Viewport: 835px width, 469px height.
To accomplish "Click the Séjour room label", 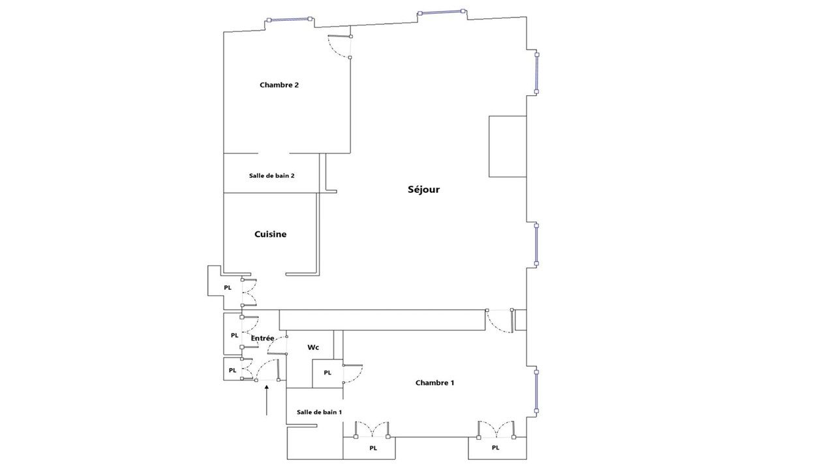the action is (x=423, y=190).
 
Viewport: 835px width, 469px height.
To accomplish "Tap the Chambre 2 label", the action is (x=279, y=85).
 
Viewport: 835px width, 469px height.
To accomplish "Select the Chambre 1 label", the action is (x=434, y=382).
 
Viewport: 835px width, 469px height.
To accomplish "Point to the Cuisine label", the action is (x=270, y=234).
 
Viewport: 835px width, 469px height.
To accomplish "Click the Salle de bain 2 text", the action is (x=272, y=175).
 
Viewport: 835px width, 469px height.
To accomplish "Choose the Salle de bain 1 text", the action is (x=319, y=412).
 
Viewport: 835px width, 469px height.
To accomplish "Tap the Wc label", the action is (x=313, y=347).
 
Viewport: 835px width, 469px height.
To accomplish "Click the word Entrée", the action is (x=262, y=338).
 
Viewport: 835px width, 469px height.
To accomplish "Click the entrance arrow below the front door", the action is (x=267, y=400).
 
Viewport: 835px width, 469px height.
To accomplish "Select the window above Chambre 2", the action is (x=289, y=20).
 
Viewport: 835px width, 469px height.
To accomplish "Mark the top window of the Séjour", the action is (x=442, y=12).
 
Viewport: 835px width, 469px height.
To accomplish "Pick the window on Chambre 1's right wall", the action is (x=536, y=391).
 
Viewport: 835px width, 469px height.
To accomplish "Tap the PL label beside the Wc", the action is (x=327, y=373).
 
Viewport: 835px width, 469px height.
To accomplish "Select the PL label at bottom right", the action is (x=495, y=448).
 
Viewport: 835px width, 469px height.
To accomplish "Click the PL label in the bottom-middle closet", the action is (x=373, y=448).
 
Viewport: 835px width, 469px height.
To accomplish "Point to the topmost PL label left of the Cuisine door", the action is (x=228, y=288).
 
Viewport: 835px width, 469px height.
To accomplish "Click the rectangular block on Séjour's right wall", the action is (x=508, y=147).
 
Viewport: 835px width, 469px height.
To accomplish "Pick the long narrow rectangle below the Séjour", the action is (x=382, y=320).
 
